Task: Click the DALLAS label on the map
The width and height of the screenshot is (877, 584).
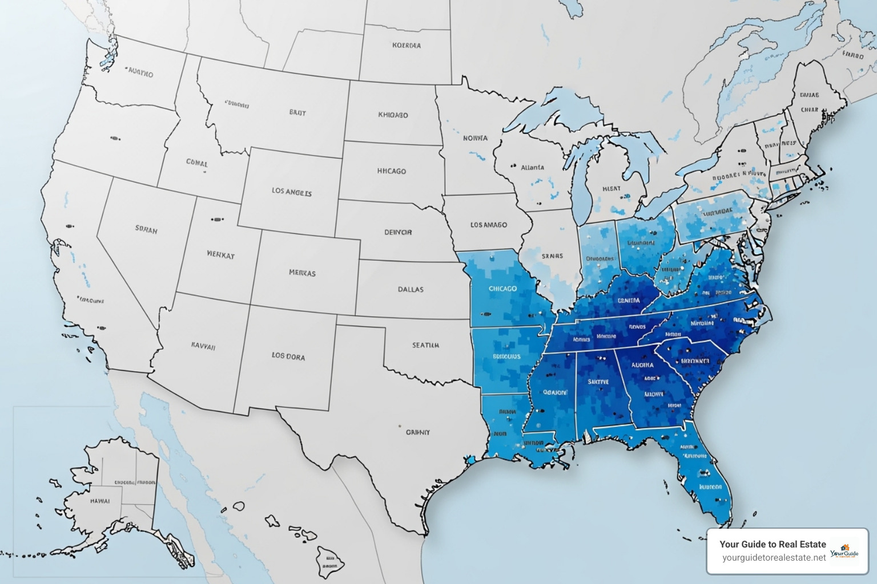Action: pos(411,289)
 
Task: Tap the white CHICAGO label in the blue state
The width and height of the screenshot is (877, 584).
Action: pos(502,289)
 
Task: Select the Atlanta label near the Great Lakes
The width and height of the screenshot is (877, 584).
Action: pos(532,168)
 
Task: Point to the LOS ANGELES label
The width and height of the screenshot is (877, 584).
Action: pos(291,192)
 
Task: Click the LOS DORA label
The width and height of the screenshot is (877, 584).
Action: pos(288,356)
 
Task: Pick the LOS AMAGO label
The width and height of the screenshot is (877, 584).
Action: pos(488,225)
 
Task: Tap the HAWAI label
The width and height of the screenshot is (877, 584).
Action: pos(100,501)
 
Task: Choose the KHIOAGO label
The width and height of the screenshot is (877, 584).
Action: pos(393,115)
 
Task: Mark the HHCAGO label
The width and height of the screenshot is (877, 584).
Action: pos(392,171)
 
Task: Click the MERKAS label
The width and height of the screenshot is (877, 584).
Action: pos(302,273)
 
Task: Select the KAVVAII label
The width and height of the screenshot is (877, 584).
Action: pos(203,346)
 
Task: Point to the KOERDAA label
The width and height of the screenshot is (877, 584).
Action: pos(407,45)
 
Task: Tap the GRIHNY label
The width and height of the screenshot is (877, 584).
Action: pos(418,432)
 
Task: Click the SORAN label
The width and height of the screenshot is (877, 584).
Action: pos(146,229)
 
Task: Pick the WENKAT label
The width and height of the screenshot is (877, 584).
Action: pos(220,255)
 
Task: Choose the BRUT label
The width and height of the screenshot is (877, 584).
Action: pos(297,112)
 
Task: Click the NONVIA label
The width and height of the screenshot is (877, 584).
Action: pos(475,138)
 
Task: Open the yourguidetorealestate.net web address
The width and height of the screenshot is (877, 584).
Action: pos(774,558)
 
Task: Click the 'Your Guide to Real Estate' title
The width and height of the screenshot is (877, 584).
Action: pos(773,544)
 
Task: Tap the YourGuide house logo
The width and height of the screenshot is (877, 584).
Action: pos(844,551)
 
